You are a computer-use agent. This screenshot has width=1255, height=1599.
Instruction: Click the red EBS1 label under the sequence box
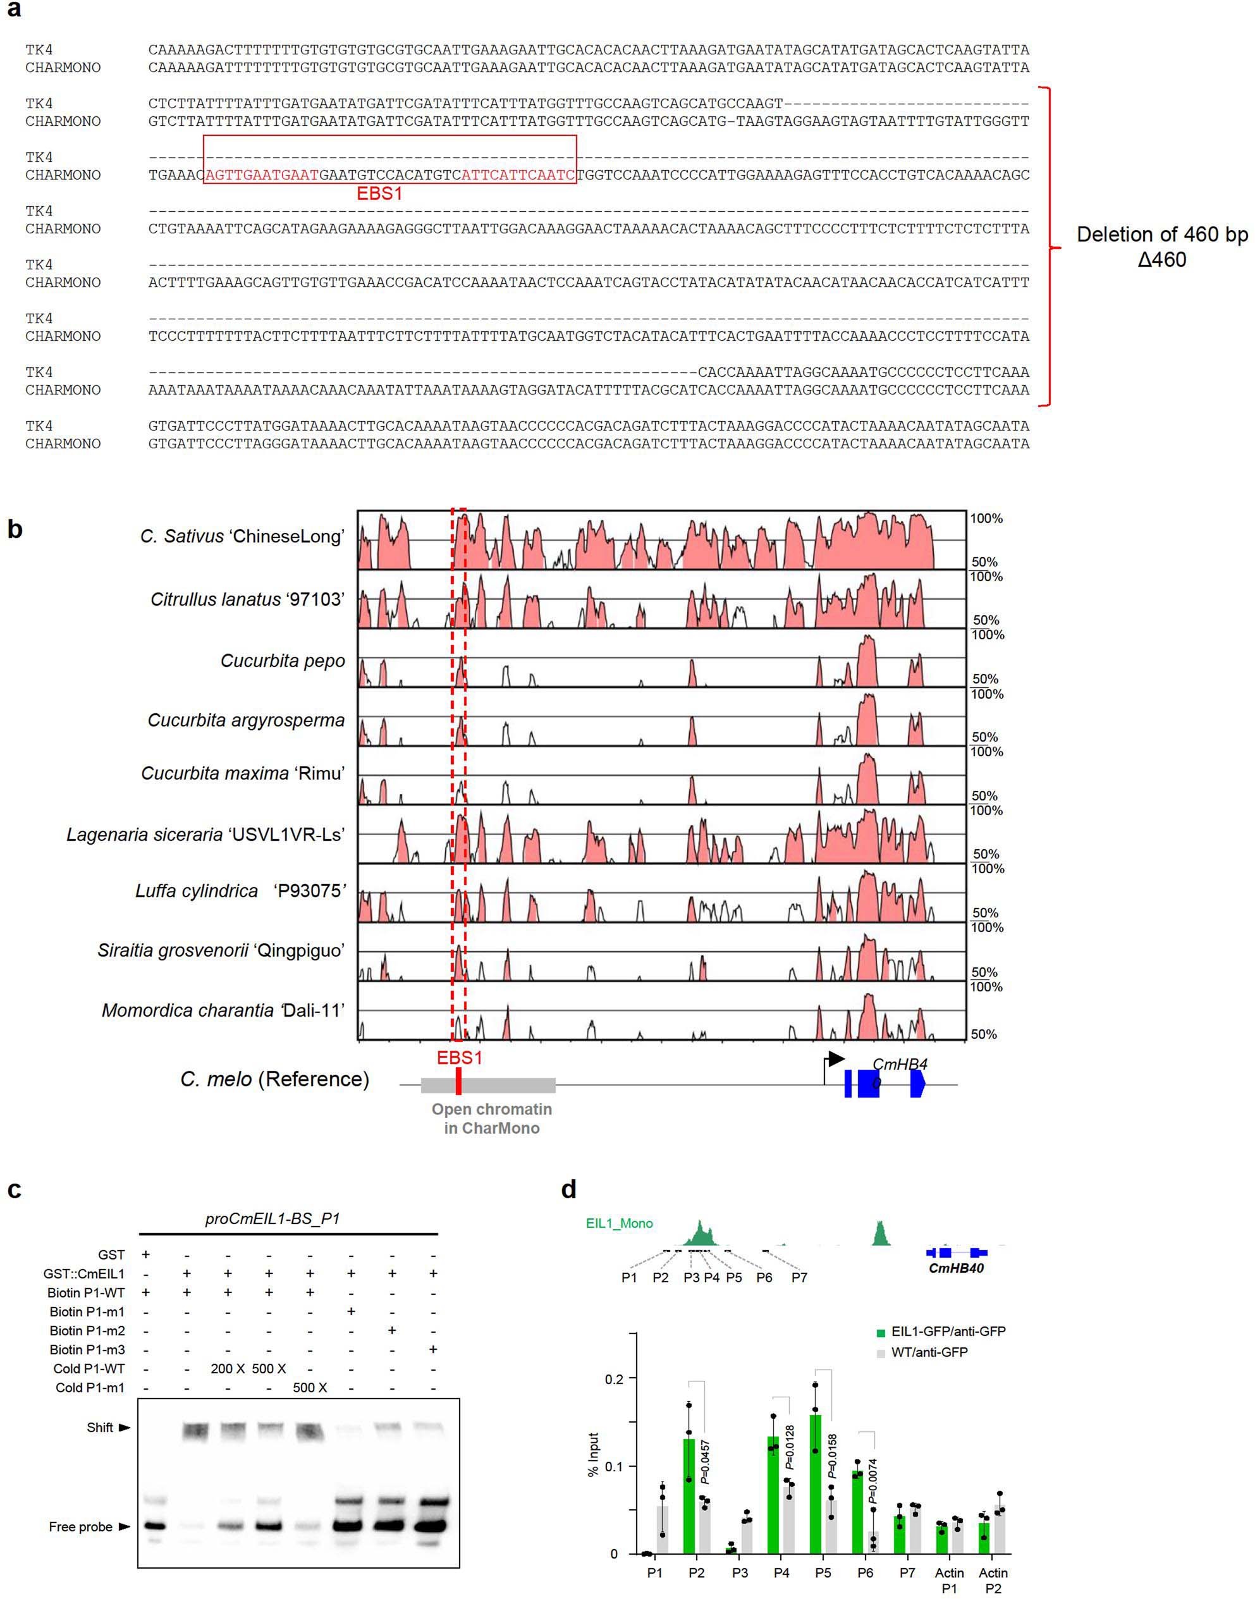point(379,193)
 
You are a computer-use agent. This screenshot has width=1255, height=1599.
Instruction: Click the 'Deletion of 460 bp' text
point(1161,235)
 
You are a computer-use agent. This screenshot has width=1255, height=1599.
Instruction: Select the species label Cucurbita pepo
point(282,661)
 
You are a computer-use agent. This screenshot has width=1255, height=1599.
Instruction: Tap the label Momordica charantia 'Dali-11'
point(223,1010)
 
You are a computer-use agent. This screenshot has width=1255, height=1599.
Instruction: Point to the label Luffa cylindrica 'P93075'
point(240,891)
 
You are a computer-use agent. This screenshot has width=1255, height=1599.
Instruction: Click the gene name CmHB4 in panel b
point(900,1064)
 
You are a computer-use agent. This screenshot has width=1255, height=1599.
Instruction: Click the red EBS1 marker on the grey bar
point(458,1082)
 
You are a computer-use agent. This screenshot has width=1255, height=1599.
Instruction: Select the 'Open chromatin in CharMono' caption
point(491,1118)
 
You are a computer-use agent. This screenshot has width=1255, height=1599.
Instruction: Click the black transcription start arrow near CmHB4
point(835,1059)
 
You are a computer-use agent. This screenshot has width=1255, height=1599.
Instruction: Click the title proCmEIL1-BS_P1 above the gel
point(272,1218)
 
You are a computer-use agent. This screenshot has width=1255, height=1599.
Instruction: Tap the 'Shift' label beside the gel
point(100,1427)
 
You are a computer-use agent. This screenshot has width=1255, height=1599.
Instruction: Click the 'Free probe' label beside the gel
point(81,1526)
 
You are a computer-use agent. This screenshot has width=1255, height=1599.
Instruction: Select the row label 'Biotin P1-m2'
point(87,1331)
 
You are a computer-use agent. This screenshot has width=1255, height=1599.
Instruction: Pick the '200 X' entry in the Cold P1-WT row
point(227,1368)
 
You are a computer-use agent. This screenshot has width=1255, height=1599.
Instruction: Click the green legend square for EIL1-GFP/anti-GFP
point(881,1332)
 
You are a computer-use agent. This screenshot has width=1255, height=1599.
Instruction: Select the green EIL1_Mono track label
point(619,1223)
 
